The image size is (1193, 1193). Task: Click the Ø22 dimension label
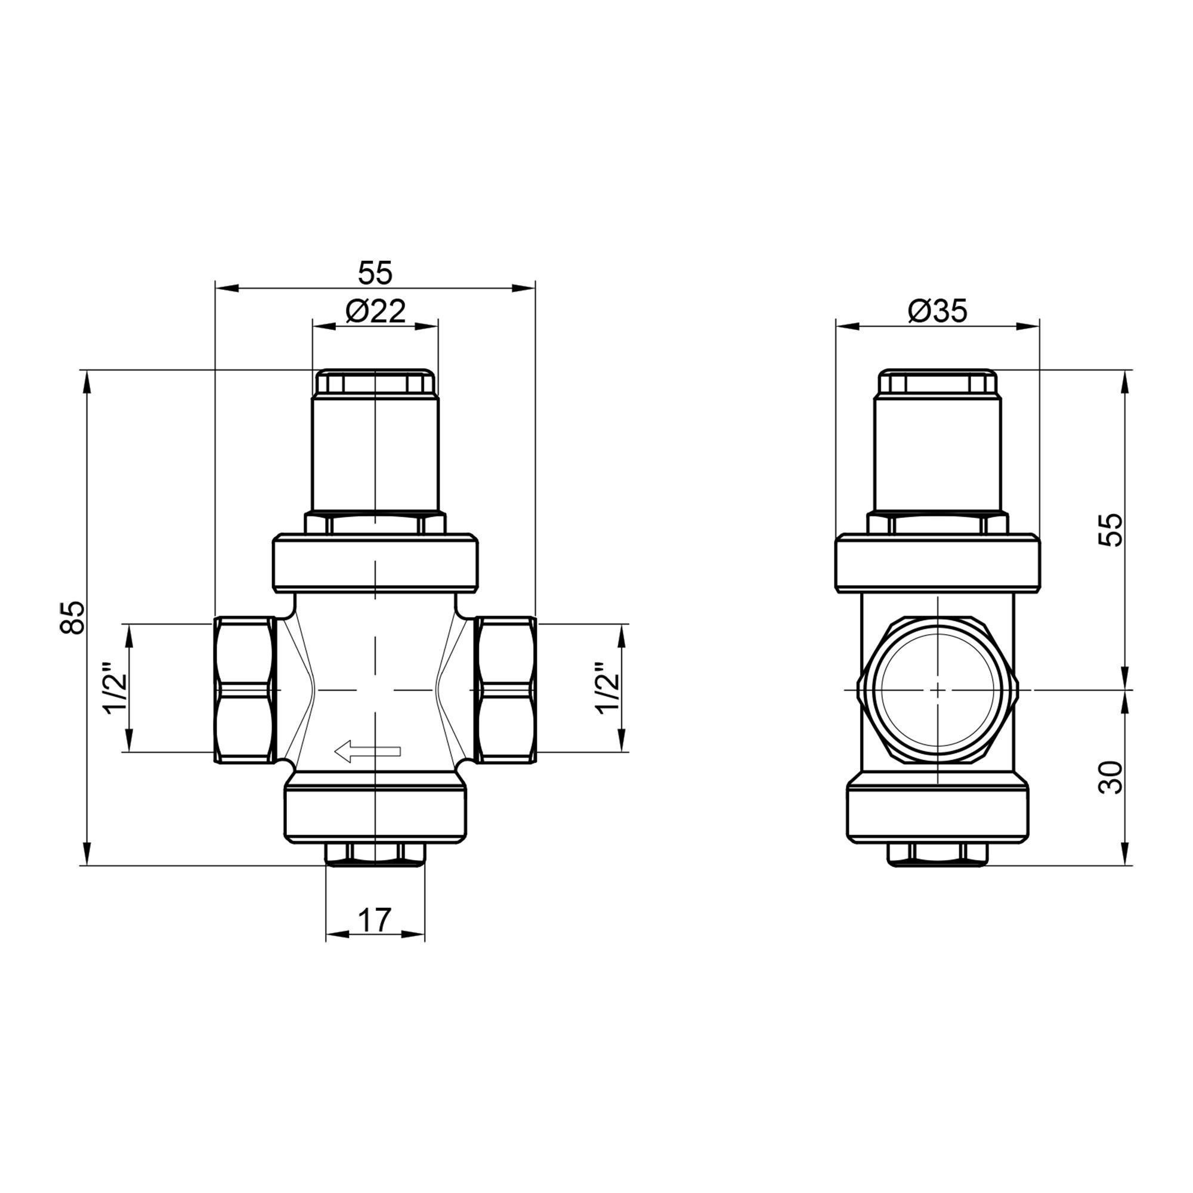pyautogui.click(x=375, y=311)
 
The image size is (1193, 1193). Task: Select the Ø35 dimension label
pyautogui.click(x=937, y=311)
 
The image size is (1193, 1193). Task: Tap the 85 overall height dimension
pyautogui.click(x=72, y=617)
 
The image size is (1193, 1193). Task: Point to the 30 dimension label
pyautogui.click(x=1111, y=777)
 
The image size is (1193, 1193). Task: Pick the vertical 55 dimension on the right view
pyautogui.click(x=1111, y=529)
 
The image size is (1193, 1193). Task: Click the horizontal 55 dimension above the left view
pyautogui.click(x=375, y=273)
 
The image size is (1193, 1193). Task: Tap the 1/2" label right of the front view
pyautogui.click(x=607, y=688)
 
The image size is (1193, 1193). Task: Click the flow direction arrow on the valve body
pyautogui.click(x=367, y=751)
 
